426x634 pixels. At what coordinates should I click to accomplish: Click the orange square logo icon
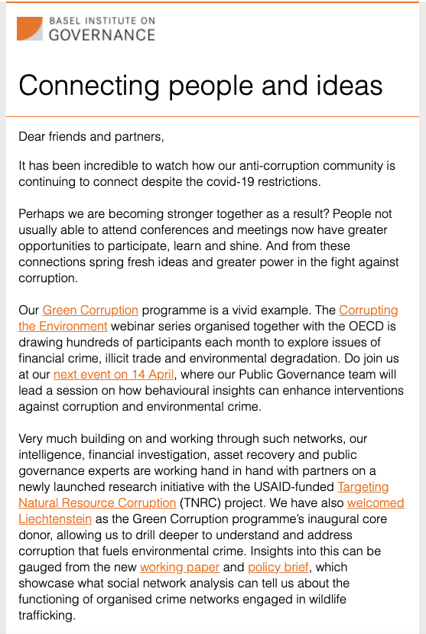pos(29,28)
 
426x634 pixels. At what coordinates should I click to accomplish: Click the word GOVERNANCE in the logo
pos(102,34)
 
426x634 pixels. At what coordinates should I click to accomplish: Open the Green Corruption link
pos(90,310)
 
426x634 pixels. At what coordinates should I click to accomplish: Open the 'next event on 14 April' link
pos(114,374)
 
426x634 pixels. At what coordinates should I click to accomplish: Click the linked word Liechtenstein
pos(58,519)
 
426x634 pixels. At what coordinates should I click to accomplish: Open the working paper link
pos(180,567)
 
